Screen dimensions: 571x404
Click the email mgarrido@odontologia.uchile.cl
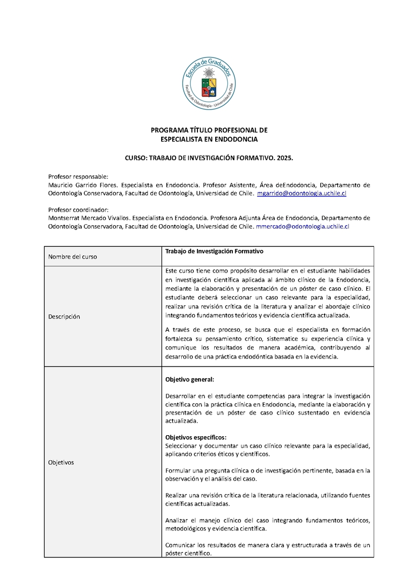(x=301, y=193)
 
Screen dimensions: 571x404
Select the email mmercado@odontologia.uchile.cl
(x=302, y=227)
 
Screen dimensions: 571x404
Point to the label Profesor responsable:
(x=78, y=176)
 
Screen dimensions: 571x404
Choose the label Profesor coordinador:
(x=78, y=210)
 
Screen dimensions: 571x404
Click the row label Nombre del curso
(x=72, y=256)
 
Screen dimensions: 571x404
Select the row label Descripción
(x=64, y=317)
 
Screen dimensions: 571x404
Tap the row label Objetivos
(x=61, y=462)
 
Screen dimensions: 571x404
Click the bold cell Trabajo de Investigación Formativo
(x=214, y=251)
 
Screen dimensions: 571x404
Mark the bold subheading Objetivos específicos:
(x=196, y=437)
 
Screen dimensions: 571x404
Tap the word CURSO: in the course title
(x=136, y=158)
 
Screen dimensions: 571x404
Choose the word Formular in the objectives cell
(x=180, y=470)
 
